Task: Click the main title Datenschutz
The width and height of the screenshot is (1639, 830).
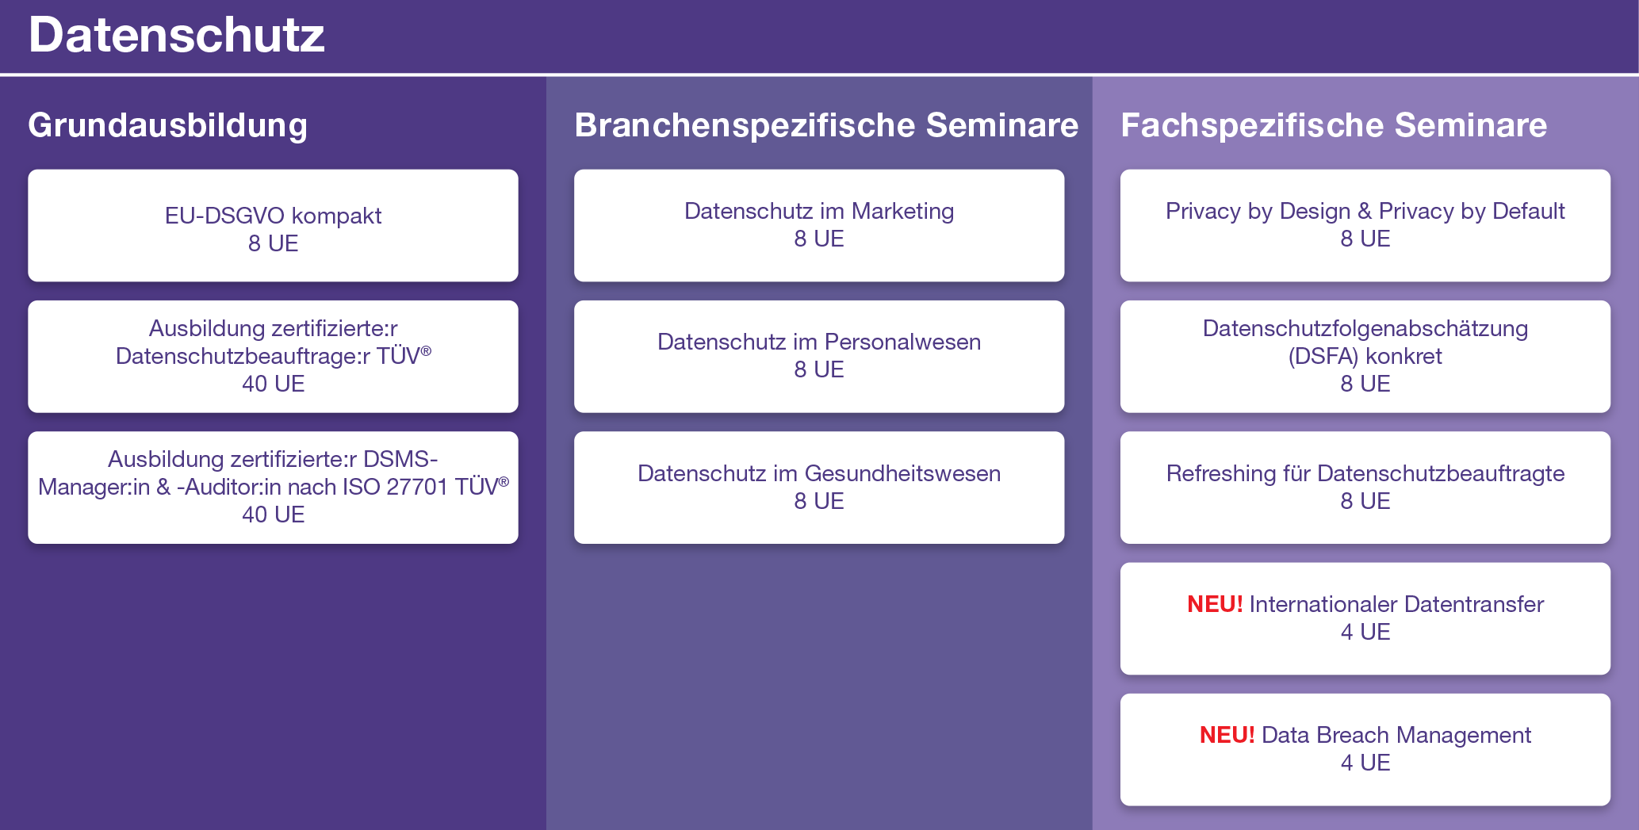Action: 176,36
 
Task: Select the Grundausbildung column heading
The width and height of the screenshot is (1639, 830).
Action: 167,125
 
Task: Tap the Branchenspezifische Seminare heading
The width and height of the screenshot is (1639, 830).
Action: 826,125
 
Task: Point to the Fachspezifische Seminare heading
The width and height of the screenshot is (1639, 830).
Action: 1334,125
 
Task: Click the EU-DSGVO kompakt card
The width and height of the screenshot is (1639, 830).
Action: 273,225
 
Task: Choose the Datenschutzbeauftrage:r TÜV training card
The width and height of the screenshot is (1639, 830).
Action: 273,356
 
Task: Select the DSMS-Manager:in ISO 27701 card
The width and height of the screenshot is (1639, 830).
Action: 273,488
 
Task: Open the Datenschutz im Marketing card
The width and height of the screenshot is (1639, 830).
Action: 819,225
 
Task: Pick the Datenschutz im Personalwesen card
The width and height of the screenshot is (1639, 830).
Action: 819,356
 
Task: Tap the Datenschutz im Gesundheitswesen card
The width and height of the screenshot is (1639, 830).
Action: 819,488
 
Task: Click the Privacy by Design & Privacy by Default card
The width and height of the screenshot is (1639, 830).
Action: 1365,225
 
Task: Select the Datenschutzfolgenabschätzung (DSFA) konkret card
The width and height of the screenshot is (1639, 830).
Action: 1365,356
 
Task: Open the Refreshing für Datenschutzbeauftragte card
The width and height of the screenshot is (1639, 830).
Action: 1365,488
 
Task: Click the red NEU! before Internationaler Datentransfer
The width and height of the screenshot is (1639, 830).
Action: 1215,604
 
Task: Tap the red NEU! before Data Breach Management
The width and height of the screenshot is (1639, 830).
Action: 1227,735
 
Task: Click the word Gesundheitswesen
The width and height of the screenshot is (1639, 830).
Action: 902,473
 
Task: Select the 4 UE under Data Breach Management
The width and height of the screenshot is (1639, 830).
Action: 1365,763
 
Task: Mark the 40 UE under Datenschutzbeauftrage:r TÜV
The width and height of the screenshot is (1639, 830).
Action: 274,384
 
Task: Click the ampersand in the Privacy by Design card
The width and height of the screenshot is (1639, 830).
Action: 1365,211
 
